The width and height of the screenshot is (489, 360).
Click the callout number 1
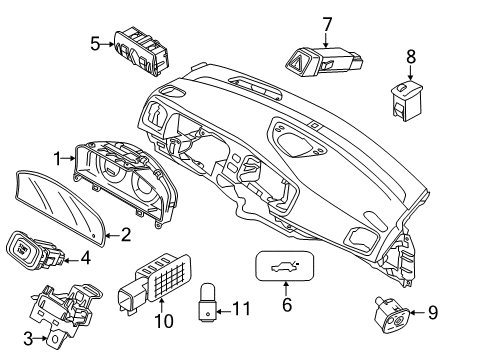pos(59,157)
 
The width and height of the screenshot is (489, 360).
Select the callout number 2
pos(125,236)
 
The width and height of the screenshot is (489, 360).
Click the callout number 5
pos(96,43)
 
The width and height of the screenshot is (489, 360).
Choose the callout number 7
pos(326,22)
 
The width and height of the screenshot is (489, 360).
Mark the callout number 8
pos(410,58)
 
